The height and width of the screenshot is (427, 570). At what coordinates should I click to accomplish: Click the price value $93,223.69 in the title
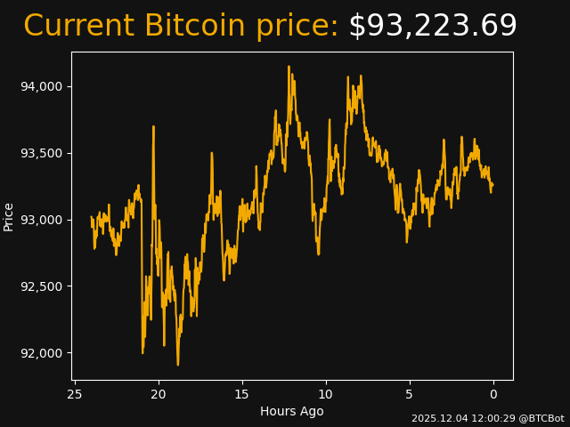[x=432, y=27]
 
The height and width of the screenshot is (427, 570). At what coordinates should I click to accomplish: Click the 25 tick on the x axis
[x=75, y=394]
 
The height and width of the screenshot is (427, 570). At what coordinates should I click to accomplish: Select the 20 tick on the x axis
[x=159, y=394]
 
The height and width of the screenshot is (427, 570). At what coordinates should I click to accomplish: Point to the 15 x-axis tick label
[x=242, y=394]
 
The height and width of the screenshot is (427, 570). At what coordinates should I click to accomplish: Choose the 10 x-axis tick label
[x=326, y=394]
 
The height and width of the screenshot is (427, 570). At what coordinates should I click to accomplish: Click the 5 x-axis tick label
[x=410, y=394]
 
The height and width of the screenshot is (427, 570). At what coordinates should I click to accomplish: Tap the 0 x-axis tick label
[x=493, y=394]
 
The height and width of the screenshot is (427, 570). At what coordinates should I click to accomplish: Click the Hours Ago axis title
[x=292, y=411]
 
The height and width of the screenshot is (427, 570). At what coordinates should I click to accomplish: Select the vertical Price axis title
[x=9, y=216]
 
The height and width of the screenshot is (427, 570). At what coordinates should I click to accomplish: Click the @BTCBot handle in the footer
[x=541, y=418]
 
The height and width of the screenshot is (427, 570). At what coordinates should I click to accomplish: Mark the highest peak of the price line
[x=289, y=66]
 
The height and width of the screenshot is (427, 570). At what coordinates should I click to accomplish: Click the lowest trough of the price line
[x=177, y=365]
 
